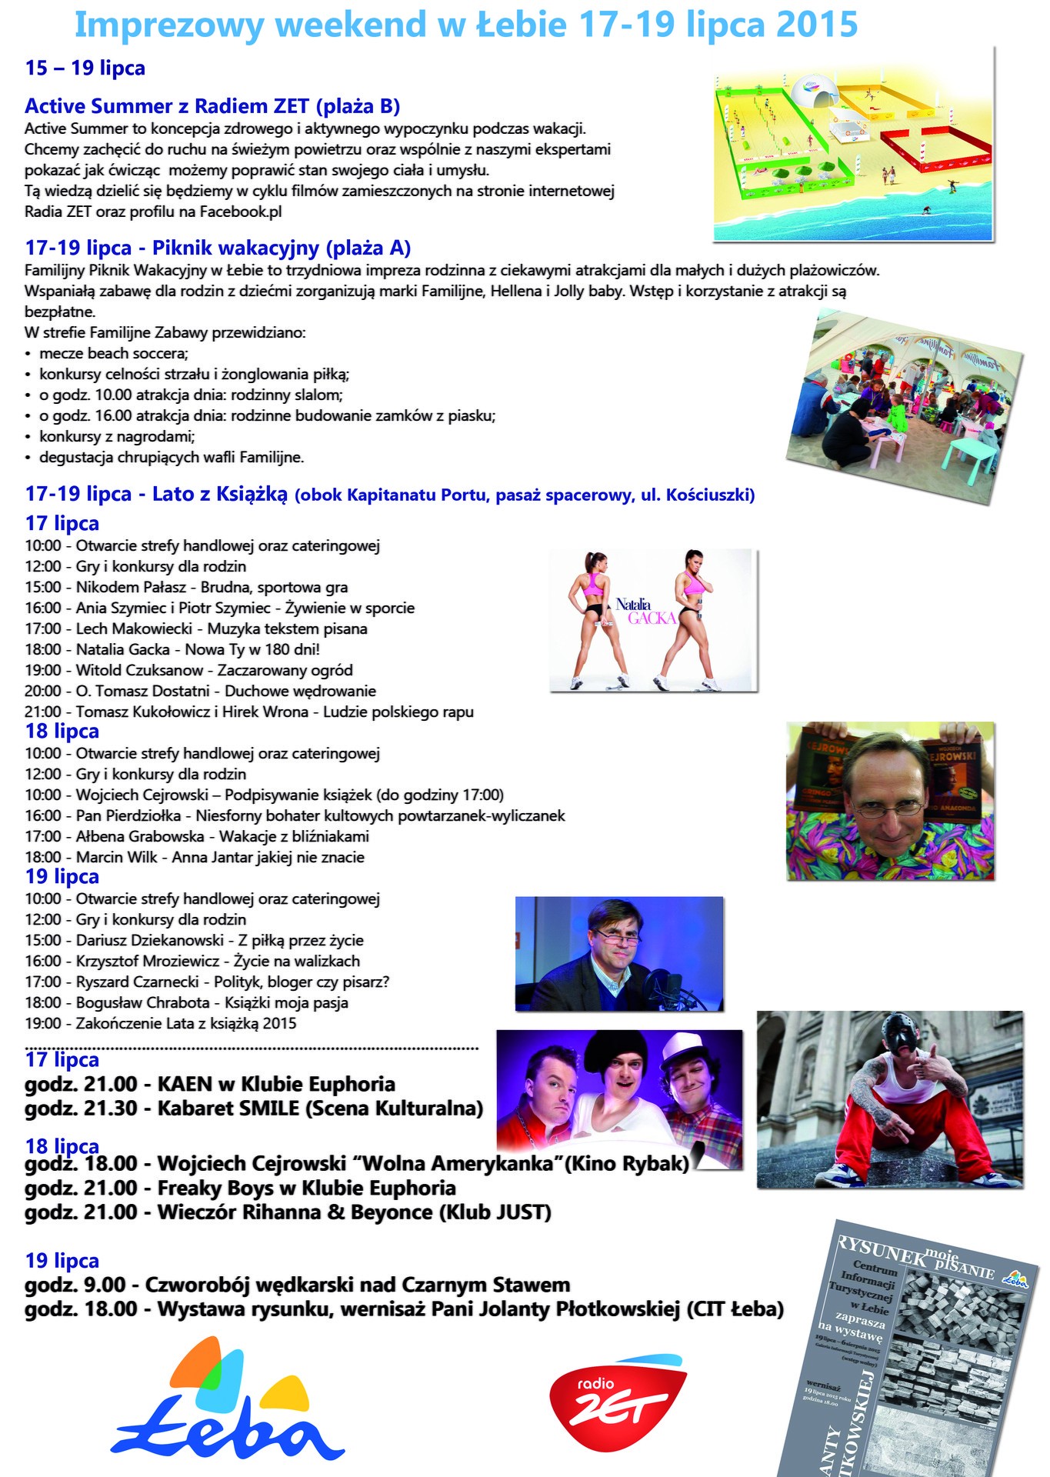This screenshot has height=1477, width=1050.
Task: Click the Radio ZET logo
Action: (x=615, y=1401)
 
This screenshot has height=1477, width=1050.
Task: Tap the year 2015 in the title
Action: (x=816, y=25)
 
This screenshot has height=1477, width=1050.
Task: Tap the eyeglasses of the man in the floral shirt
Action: (x=892, y=809)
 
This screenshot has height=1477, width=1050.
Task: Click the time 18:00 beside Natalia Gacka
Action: (x=43, y=649)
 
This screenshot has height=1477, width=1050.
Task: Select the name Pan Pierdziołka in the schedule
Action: (x=128, y=815)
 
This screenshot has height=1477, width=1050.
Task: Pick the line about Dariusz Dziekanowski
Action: (x=194, y=940)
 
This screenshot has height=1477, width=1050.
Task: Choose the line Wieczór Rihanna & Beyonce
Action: (x=288, y=1212)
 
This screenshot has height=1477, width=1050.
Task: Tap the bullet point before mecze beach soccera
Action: (x=28, y=354)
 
